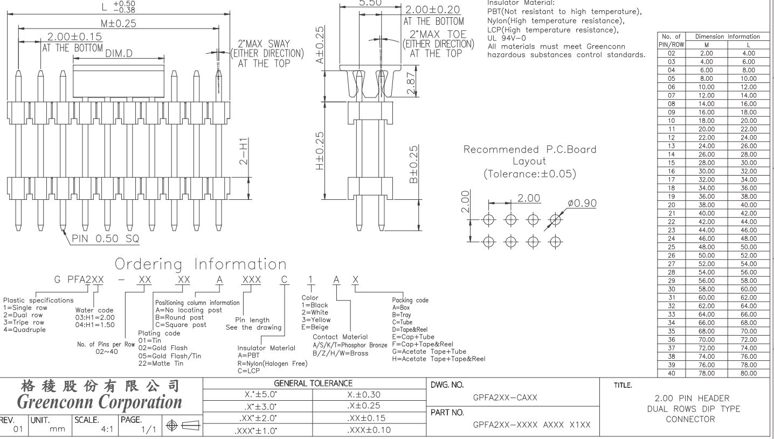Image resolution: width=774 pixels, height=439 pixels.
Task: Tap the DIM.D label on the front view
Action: click(x=122, y=53)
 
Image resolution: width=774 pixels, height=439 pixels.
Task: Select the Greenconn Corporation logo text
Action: click(x=99, y=402)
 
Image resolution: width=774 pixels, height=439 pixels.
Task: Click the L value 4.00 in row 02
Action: click(x=747, y=53)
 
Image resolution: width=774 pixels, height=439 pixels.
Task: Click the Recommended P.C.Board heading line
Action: click(x=530, y=150)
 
